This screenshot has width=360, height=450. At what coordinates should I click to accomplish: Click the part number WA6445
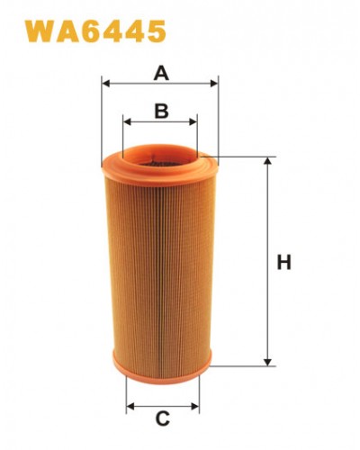pos(95,31)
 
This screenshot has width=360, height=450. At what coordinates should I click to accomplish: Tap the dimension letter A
pos(161,74)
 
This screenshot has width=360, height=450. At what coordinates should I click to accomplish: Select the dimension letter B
pos(161,111)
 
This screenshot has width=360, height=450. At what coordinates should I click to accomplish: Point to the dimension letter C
pos(163,418)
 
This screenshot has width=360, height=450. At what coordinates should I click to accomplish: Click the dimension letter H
pos(283,262)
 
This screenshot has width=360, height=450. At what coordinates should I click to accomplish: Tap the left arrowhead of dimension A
pos(106,83)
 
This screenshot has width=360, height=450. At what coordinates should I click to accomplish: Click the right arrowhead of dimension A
pos(214,83)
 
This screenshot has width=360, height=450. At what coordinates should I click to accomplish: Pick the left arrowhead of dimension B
pos(128,122)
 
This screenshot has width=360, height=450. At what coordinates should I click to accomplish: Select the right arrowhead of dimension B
pos(193,122)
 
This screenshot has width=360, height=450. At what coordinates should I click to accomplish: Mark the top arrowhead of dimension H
pos(267,161)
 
